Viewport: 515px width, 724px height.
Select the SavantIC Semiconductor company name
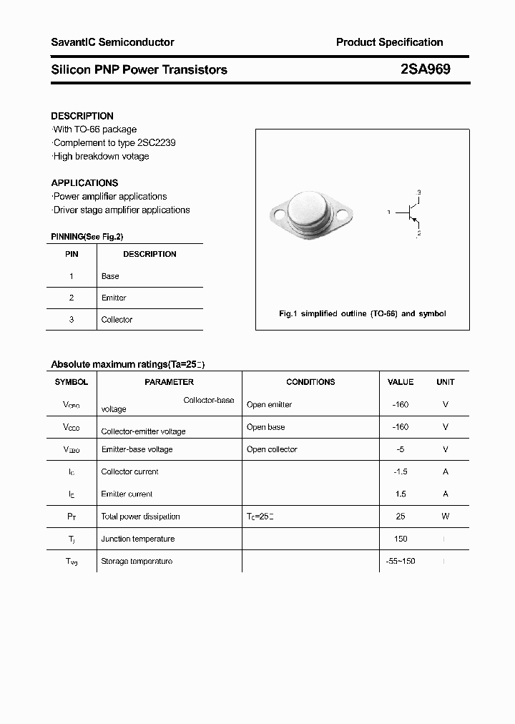(112, 42)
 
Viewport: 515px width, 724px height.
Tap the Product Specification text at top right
(389, 42)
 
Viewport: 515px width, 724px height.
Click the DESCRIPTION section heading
(82, 116)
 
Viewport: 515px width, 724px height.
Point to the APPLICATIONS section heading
(84, 183)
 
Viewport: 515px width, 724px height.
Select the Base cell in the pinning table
(110, 276)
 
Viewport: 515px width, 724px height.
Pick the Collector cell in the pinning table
(117, 320)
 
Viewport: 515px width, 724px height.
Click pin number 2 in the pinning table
(71, 298)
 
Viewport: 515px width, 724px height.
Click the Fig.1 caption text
(362, 314)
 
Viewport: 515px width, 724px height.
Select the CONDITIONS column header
(310, 382)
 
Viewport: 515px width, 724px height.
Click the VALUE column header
(401, 382)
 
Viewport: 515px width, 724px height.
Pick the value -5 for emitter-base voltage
(401, 449)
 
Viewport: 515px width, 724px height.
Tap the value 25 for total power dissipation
(401, 517)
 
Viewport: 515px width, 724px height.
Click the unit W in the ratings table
(445, 517)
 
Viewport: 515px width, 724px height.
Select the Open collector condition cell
(272, 449)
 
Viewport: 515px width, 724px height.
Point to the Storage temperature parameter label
(137, 562)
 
